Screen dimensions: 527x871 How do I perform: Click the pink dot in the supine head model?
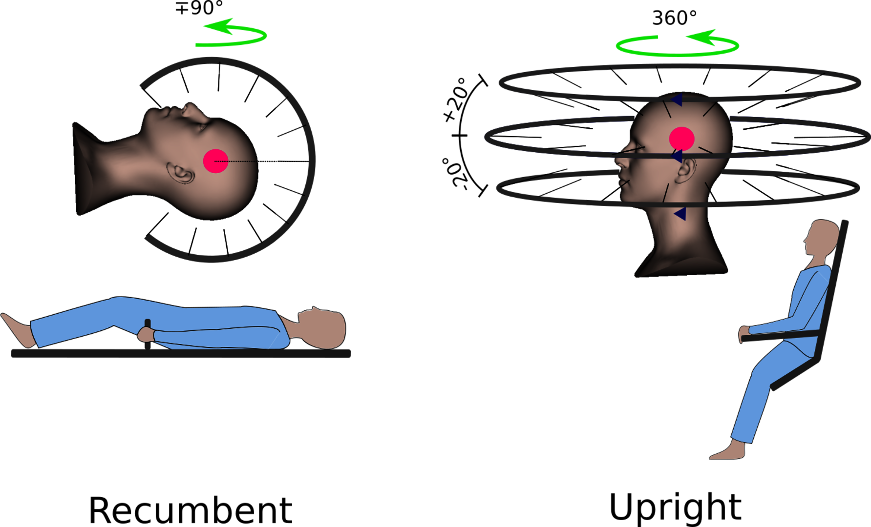click(215, 161)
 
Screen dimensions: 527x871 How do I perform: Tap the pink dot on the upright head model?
click(681, 139)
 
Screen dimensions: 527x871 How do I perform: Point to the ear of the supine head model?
click(181, 173)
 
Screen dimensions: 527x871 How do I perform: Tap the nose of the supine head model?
click(193, 110)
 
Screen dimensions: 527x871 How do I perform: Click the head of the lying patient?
click(325, 329)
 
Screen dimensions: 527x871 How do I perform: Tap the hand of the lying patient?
click(146, 335)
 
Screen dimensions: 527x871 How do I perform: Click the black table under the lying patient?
click(181, 354)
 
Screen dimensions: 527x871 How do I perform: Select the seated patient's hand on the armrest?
click(744, 333)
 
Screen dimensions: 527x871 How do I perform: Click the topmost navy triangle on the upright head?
click(677, 100)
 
